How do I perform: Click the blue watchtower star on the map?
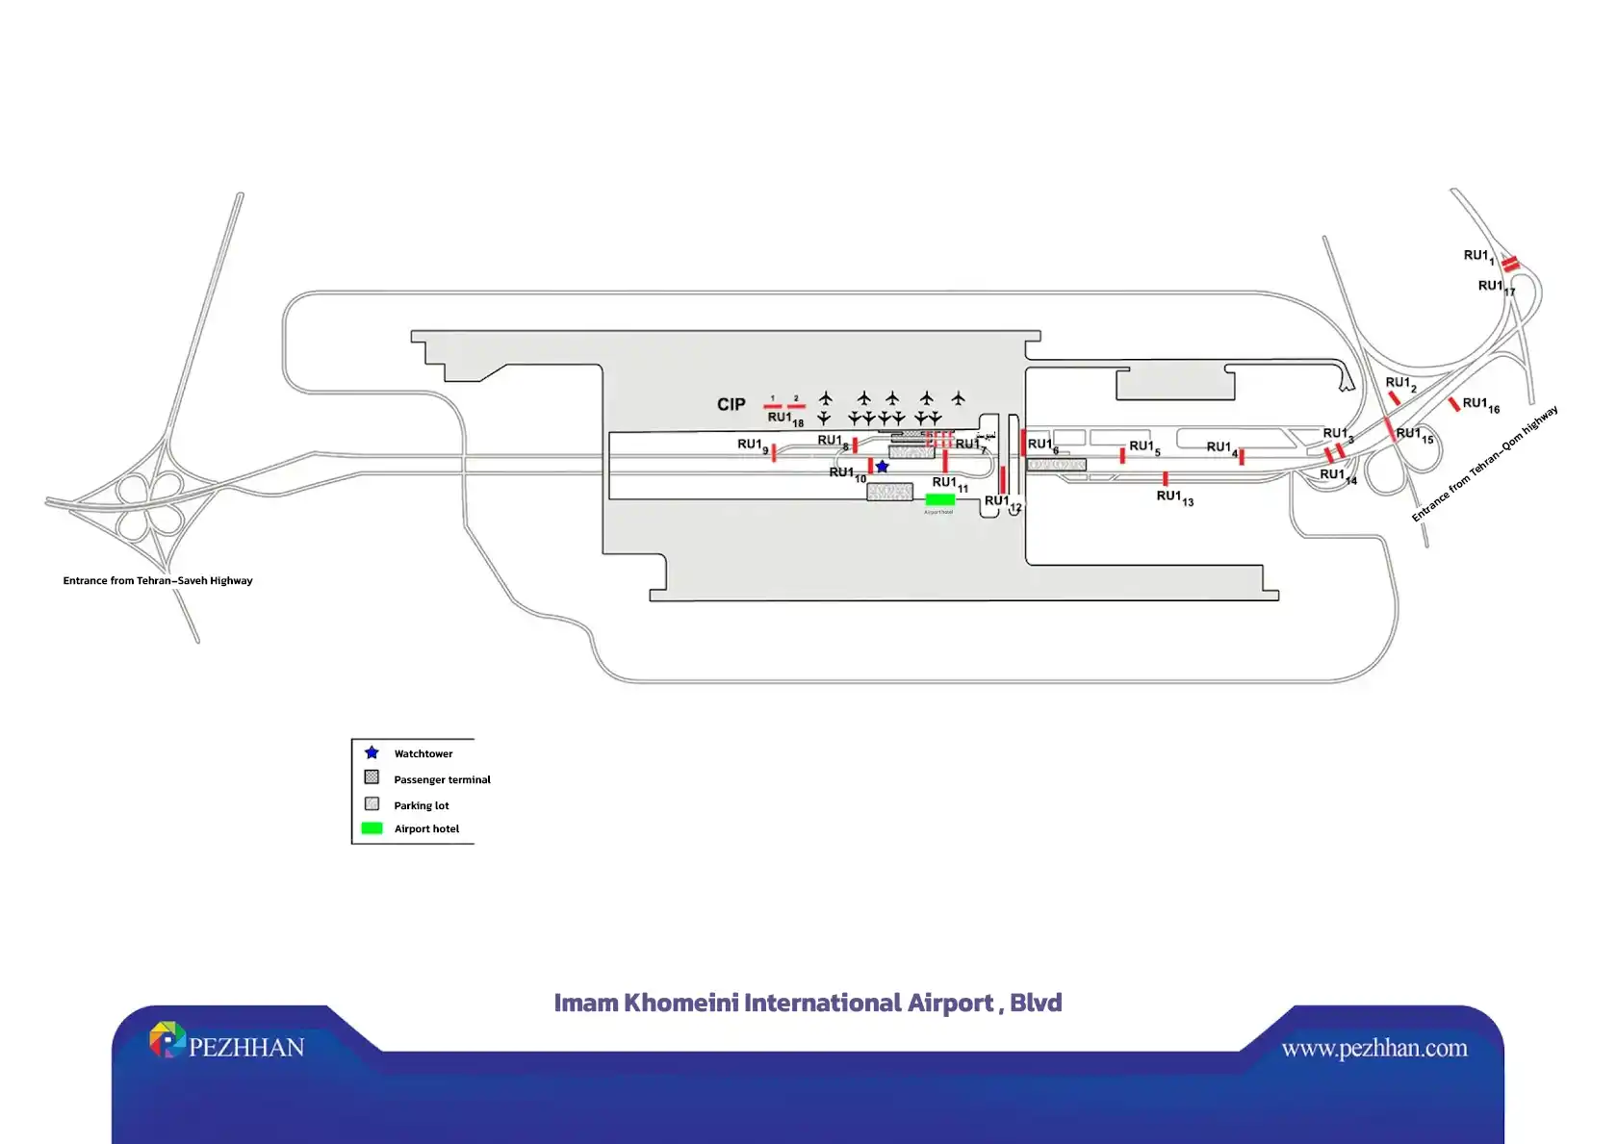(x=882, y=467)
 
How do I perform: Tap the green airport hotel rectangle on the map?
(x=939, y=499)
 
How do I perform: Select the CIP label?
(x=731, y=404)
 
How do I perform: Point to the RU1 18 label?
(x=784, y=419)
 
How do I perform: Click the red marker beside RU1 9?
(x=774, y=452)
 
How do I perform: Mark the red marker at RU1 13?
(x=1165, y=478)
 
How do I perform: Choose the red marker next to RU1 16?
(x=1453, y=404)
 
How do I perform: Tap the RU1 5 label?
(x=1144, y=447)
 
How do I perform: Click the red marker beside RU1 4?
(x=1242, y=457)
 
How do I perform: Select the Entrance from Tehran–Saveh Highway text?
(x=158, y=580)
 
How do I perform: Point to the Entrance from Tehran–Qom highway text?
(x=1484, y=464)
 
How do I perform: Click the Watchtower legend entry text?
(x=423, y=753)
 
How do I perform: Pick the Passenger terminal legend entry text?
(x=442, y=779)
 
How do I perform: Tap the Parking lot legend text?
(x=421, y=805)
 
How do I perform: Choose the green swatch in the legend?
(x=372, y=828)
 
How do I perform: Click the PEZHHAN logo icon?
(x=167, y=1039)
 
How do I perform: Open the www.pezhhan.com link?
(x=1373, y=1048)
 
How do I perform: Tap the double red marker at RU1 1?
(x=1510, y=263)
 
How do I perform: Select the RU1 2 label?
(x=1400, y=384)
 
